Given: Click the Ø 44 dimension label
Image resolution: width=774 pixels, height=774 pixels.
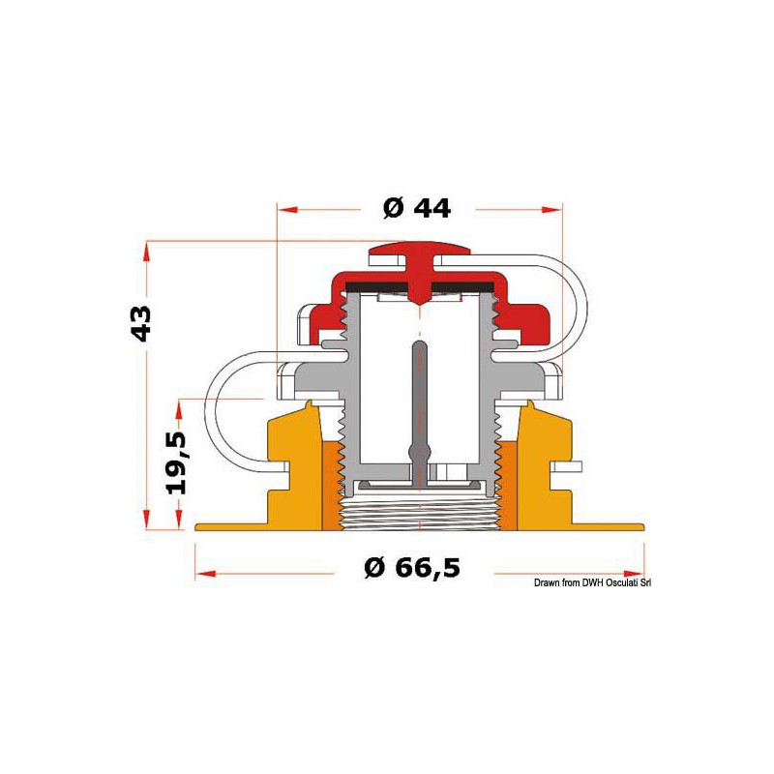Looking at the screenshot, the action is pyautogui.click(x=417, y=208).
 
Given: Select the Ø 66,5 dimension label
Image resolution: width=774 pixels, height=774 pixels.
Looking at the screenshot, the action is pyautogui.click(x=412, y=568).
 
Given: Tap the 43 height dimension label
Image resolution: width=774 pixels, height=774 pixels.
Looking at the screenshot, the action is pyautogui.click(x=140, y=324).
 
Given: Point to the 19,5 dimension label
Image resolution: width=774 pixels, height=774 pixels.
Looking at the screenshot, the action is pyautogui.click(x=176, y=463).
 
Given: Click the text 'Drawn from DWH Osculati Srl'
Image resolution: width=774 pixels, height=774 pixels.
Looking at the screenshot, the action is pyautogui.click(x=592, y=583).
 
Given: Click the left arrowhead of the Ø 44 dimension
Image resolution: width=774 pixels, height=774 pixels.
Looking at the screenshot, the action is pyautogui.click(x=288, y=210).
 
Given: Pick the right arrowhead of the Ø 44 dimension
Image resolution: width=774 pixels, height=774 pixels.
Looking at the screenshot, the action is pyautogui.click(x=551, y=210).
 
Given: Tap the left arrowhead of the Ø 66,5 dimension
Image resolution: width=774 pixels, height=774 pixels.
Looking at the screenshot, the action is pyautogui.click(x=206, y=574).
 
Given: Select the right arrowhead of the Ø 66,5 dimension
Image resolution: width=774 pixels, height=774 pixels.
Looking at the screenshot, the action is pyautogui.click(x=634, y=574).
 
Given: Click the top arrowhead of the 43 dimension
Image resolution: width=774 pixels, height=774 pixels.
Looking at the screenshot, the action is pyautogui.click(x=147, y=252).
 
